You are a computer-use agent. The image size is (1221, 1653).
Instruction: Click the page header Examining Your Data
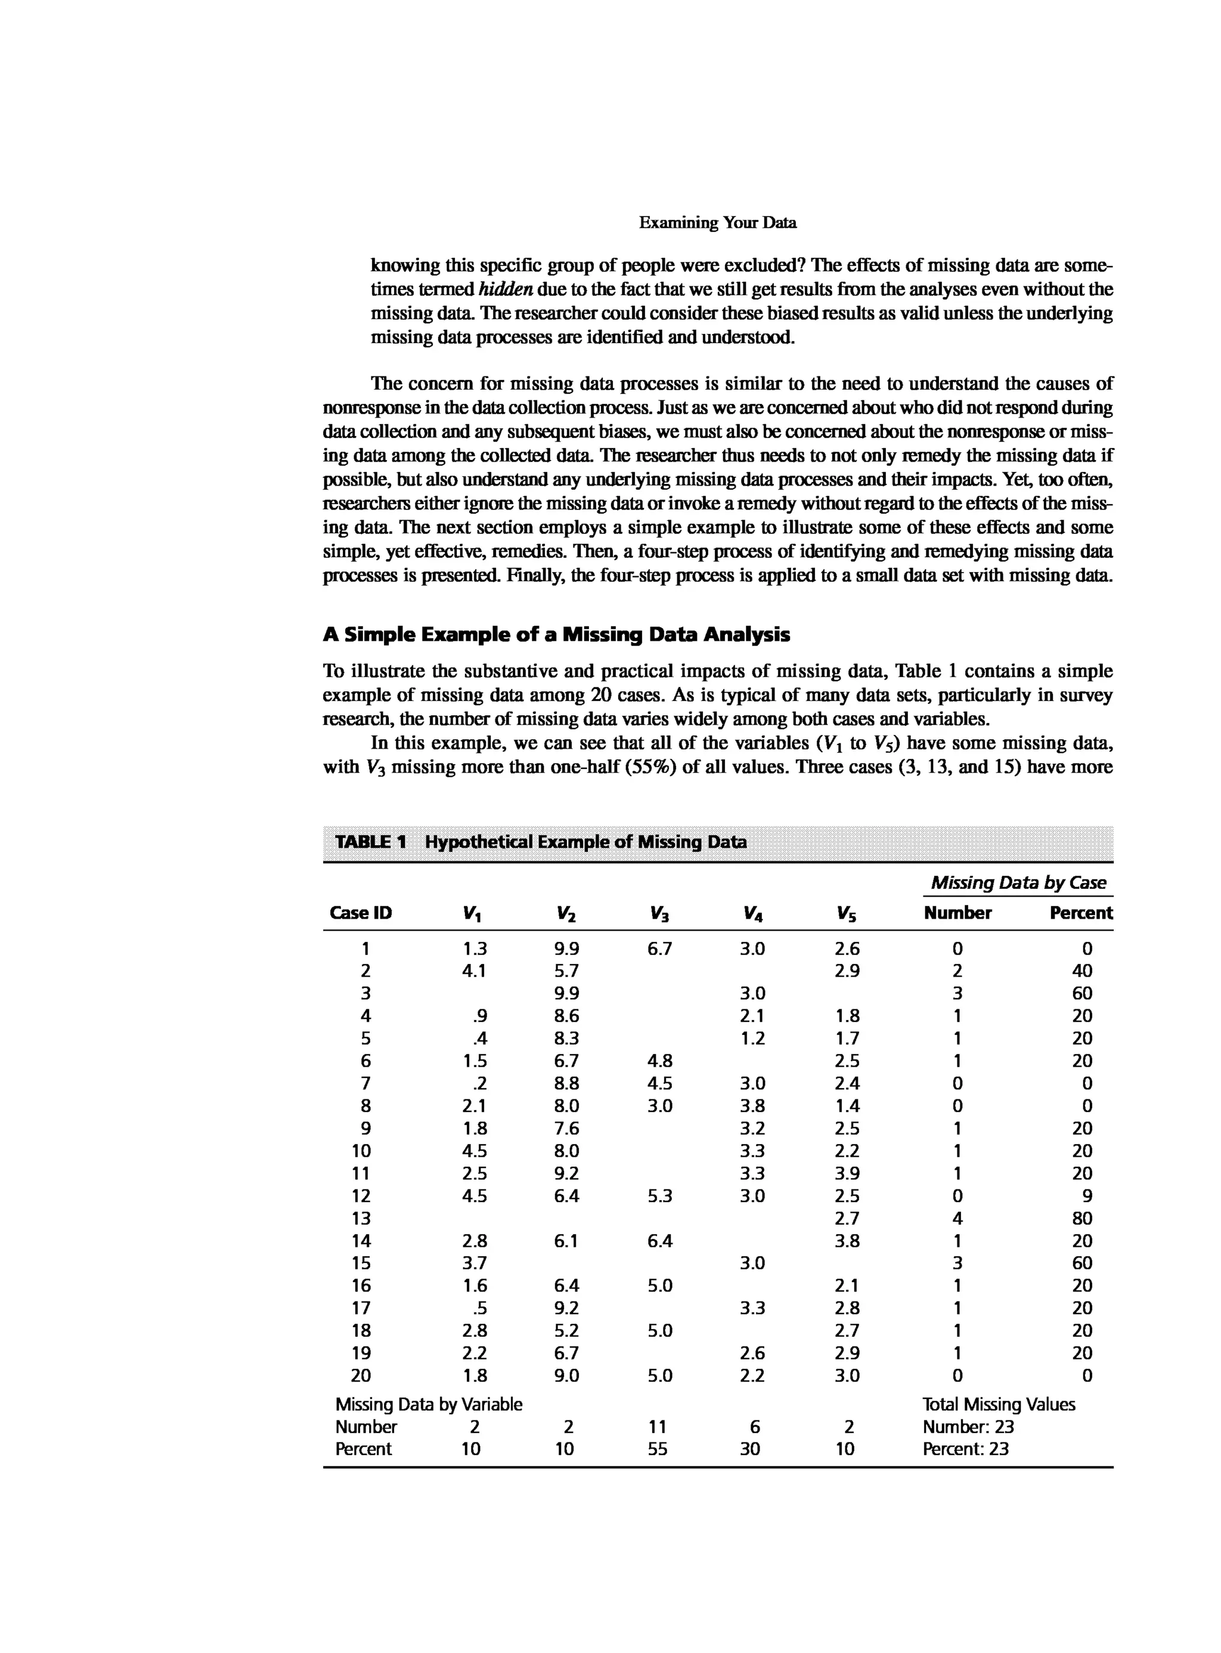click(x=717, y=223)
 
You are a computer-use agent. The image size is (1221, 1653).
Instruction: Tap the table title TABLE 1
click(x=370, y=842)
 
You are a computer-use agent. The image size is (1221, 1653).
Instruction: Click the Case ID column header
click(x=361, y=913)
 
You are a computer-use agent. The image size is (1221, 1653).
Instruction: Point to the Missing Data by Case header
click(x=1018, y=882)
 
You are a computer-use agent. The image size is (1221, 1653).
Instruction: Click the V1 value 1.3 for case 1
click(x=475, y=949)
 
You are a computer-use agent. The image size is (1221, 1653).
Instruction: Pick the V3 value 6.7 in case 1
click(x=659, y=949)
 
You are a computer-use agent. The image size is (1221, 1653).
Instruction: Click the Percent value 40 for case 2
click(x=1081, y=971)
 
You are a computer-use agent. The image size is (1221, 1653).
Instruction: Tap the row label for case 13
click(x=361, y=1218)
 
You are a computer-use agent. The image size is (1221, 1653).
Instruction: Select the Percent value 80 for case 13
click(x=1081, y=1218)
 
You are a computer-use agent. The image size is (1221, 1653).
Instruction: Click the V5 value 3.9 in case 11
click(x=847, y=1173)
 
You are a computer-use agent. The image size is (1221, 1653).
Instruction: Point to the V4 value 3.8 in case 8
click(x=752, y=1106)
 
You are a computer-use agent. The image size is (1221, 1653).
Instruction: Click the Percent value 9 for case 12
click(x=1086, y=1196)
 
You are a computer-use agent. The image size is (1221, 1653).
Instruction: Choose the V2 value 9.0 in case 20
click(x=567, y=1376)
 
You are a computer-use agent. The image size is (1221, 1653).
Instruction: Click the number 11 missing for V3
click(x=657, y=1427)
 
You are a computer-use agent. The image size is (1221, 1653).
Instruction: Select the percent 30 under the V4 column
click(x=750, y=1449)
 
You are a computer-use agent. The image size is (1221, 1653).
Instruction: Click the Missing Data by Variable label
click(x=429, y=1404)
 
